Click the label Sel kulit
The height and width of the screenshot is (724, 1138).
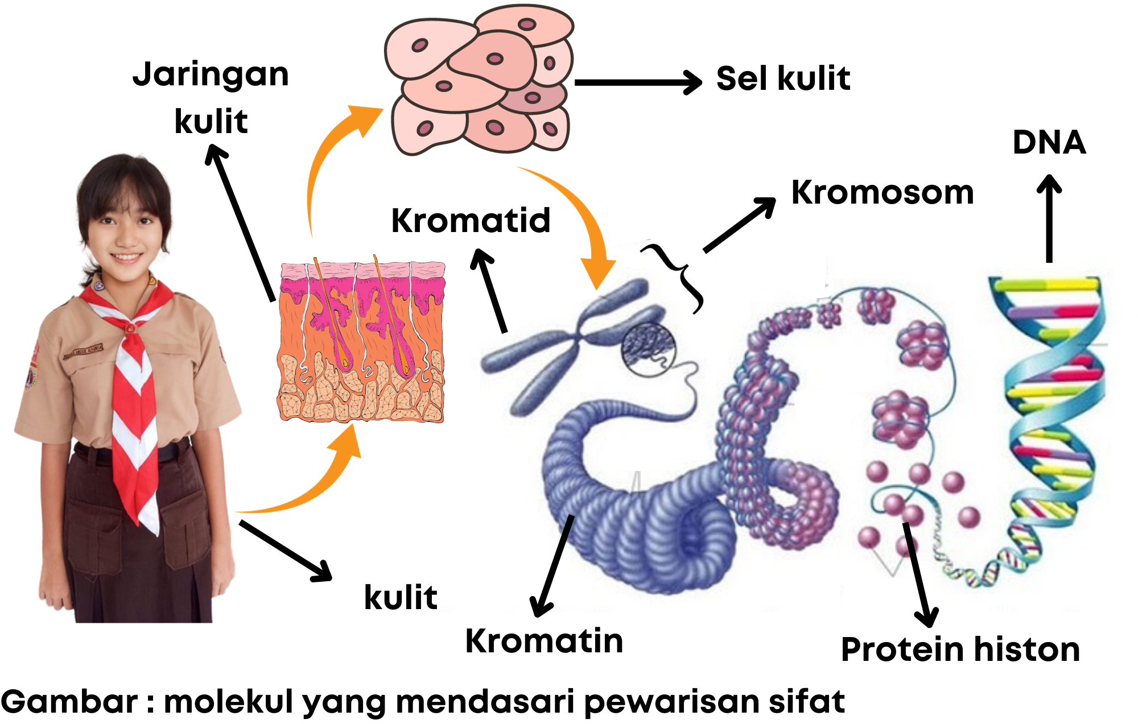point(783,78)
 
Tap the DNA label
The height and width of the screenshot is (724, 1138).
point(1049,142)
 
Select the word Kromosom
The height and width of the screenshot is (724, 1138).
point(882,193)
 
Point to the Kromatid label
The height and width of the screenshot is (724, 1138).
point(471,221)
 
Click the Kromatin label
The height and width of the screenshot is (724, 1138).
point(544,642)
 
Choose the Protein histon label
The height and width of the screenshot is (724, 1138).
point(960,649)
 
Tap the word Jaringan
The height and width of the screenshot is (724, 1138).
point(211,75)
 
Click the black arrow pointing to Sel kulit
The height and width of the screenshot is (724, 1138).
point(637,82)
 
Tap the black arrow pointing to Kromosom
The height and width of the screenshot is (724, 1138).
point(740,225)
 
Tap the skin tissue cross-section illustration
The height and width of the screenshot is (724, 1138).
point(362,341)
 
